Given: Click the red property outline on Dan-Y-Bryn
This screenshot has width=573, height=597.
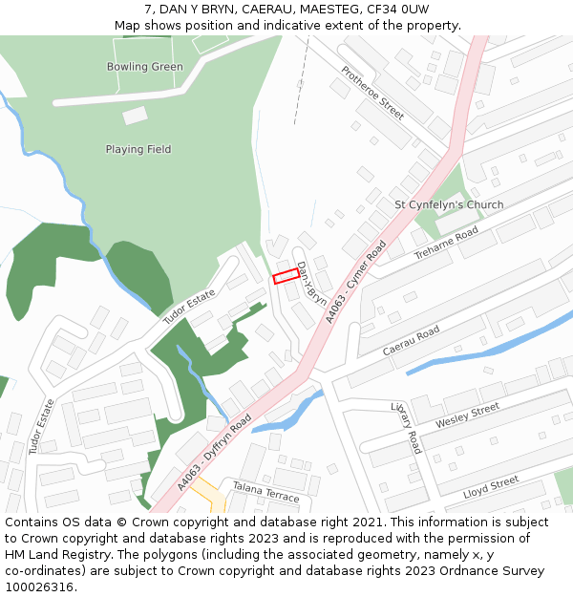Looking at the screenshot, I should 286,277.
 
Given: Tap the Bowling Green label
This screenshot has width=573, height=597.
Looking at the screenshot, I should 145,67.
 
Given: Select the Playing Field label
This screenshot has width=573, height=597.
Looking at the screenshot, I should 138,149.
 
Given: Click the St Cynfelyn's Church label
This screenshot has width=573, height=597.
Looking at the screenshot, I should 449,204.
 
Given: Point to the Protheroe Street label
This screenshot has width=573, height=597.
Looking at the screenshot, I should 373,94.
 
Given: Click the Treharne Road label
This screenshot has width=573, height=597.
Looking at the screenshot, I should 446,245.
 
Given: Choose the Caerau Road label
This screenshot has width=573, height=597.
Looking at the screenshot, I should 411,340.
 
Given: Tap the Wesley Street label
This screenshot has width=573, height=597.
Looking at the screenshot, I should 467,416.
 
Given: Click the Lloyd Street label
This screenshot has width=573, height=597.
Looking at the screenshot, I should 491,487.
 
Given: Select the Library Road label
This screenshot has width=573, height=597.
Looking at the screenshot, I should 406,427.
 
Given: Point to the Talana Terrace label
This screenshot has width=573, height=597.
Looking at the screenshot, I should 266,492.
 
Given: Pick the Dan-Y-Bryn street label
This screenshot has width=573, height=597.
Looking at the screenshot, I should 311,283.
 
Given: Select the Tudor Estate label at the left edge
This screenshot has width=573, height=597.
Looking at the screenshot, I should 36,426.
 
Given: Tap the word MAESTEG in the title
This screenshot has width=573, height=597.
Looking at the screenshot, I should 287,9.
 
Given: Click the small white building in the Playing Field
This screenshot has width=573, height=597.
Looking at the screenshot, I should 136,116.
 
